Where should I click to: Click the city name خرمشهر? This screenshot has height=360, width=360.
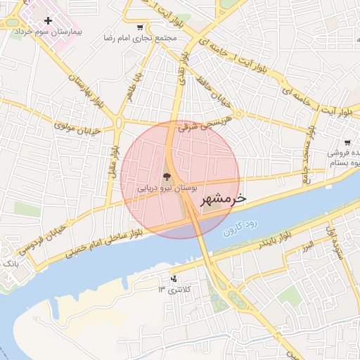[223, 200]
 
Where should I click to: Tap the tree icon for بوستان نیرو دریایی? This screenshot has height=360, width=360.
[167, 177]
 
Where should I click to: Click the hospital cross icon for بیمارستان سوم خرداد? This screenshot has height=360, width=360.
[47, 21]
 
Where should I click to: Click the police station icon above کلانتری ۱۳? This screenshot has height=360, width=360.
[174, 278]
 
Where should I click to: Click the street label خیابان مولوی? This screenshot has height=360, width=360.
[78, 127]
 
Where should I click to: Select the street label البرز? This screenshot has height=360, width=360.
[307, 247]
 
